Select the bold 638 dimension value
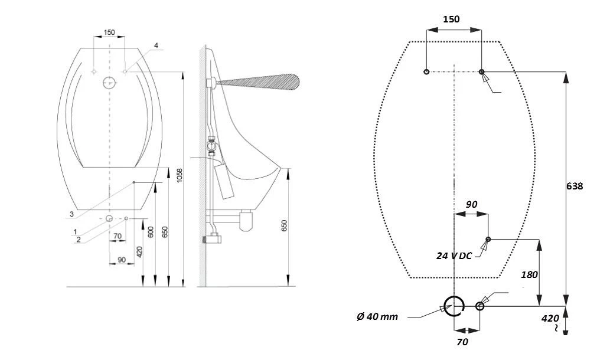point(575,186)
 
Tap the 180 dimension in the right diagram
point(529,274)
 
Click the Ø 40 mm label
point(377,317)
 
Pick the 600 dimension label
point(151,232)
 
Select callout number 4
point(156,45)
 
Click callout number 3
point(71,213)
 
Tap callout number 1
point(75,231)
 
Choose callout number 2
point(78,239)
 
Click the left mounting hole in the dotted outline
point(426,72)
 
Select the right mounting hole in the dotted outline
point(482,72)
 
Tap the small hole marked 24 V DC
point(488,240)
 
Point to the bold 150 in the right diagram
point(451,19)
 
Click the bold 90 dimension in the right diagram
point(471,204)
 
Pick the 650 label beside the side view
point(284,226)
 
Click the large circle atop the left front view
point(109,83)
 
